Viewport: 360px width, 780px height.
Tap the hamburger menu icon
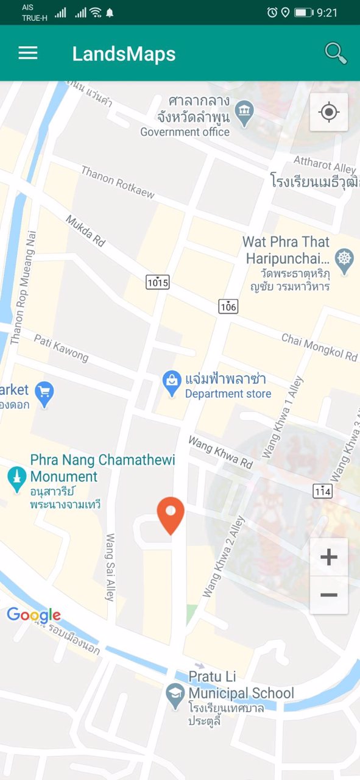pos(28,53)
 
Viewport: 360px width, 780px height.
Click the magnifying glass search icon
pos(336,53)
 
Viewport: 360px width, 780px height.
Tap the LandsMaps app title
pos(124,54)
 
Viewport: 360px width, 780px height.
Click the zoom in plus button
pos(329,557)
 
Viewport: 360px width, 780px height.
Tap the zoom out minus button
pos(329,595)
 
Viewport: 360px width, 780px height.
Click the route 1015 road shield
pos(158,282)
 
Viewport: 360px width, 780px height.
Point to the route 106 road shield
pos(228,307)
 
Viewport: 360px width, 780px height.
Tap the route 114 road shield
pos(323,491)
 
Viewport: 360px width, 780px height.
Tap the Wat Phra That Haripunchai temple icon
pos(345,260)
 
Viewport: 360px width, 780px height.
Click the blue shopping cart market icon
pos(44,393)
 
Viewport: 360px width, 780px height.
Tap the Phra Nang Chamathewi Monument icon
pos(16,478)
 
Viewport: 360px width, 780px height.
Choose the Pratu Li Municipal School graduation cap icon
pos(175,695)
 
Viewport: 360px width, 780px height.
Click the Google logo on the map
pos(34,615)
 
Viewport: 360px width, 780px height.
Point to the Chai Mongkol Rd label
pos(319,347)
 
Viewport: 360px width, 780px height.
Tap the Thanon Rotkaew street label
pos(118,182)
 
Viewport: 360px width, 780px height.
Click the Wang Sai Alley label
pos(110,567)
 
